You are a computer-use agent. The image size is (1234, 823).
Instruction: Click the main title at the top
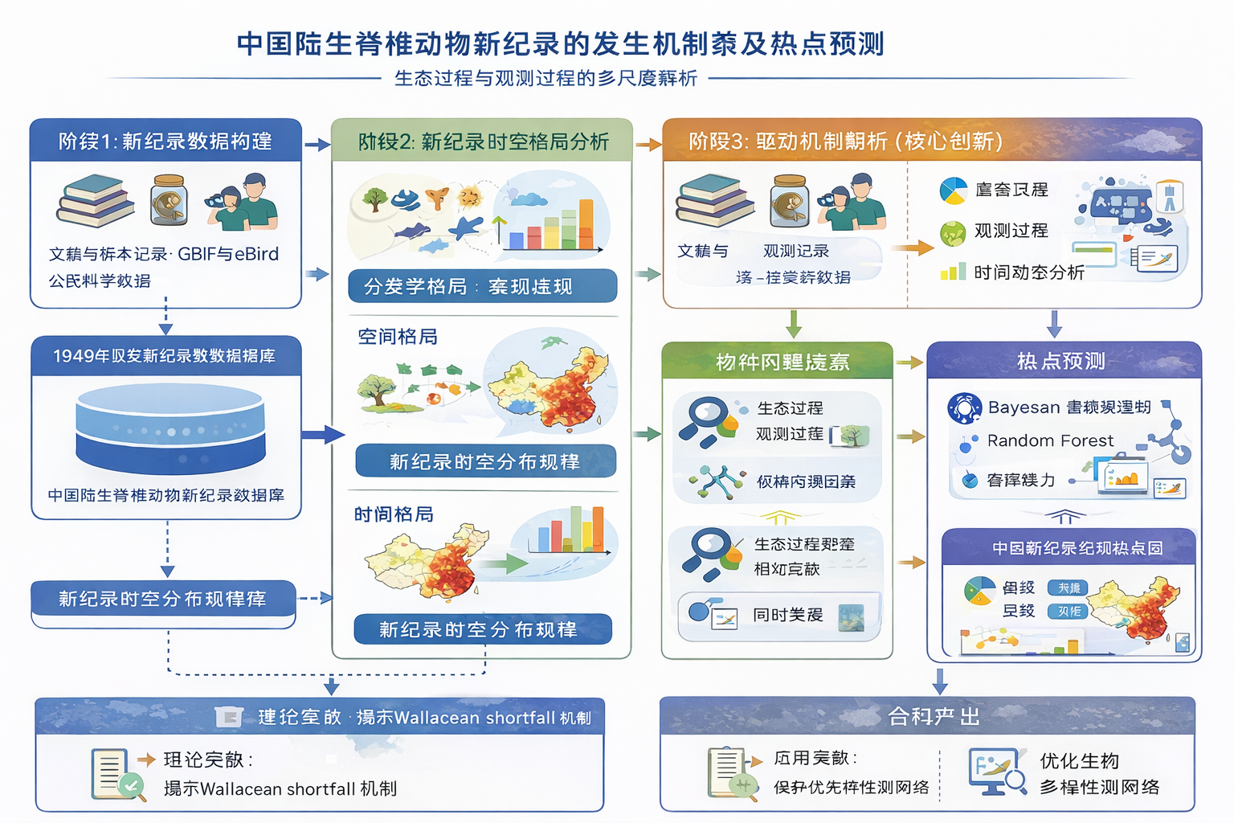[560, 43]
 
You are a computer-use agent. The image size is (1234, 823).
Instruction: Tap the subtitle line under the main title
[545, 78]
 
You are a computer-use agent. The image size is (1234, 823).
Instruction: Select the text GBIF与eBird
[228, 254]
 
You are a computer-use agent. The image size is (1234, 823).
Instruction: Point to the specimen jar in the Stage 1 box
[169, 201]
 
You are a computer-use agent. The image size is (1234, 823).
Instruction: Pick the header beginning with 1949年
[165, 356]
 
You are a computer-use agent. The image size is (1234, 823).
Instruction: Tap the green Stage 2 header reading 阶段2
[483, 141]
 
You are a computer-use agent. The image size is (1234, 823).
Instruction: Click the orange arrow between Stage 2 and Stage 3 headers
[648, 145]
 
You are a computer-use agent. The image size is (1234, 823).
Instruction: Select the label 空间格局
[398, 337]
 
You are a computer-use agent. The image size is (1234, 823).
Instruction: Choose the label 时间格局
[394, 514]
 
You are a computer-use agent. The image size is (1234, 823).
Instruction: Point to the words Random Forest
[1050, 440]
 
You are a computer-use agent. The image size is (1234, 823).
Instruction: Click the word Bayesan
[1024, 407]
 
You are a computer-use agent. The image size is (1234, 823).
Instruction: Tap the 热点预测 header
[1061, 361]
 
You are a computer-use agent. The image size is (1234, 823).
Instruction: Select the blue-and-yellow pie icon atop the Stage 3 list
[953, 190]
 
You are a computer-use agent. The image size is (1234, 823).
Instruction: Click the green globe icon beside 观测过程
[953, 233]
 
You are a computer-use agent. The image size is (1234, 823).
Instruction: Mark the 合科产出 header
[934, 716]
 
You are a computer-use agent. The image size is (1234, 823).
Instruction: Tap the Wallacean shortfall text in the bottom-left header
[475, 718]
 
